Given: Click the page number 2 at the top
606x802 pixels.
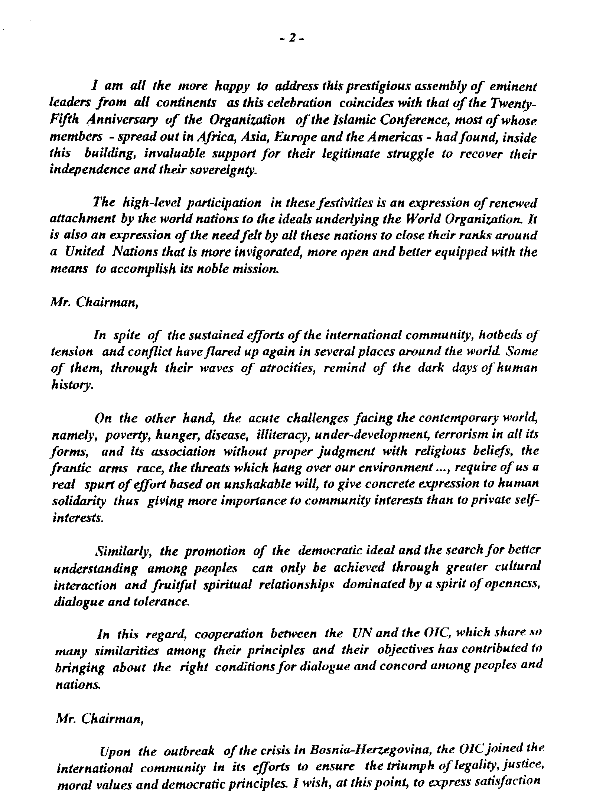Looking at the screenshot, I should tap(293, 37).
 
